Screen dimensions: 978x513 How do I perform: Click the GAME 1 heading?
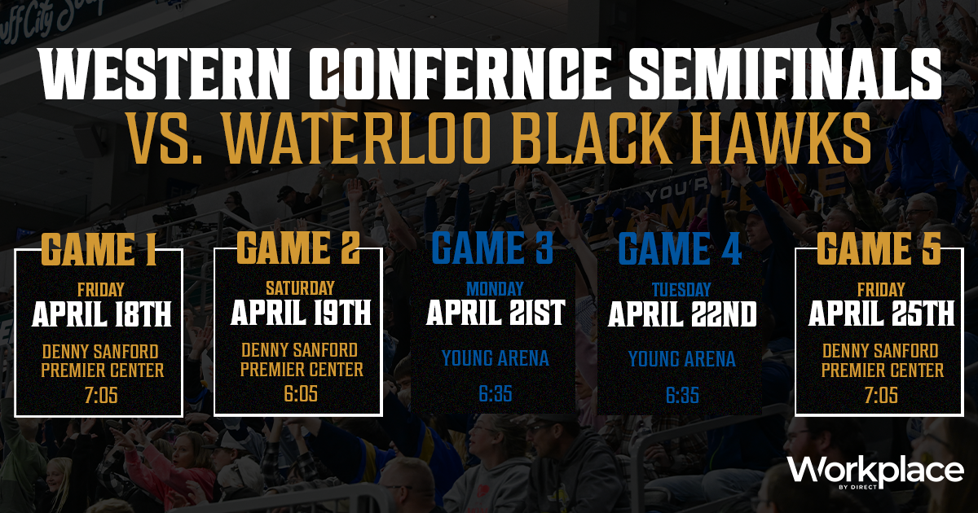tap(99, 249)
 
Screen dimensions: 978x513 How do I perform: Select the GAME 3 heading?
tap(493, 248)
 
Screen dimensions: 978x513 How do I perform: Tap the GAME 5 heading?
tap(879, 248)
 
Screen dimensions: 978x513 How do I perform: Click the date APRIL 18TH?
tap(101, 314)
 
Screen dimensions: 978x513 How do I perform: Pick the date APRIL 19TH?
tap(301, 313)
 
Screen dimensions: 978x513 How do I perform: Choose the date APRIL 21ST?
tap(496, 313)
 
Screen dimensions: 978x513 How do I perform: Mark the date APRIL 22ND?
tap(682, 314)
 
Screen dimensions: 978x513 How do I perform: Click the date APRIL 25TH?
tap(881, 313)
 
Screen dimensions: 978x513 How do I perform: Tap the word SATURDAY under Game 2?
tap(301, 288)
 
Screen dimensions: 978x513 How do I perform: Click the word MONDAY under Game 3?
tap(495, 289)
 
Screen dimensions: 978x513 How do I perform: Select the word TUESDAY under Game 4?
tap(681, 290)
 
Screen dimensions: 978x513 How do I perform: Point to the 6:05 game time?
tap(301, 393)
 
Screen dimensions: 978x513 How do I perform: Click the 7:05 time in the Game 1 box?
tap(101, 395)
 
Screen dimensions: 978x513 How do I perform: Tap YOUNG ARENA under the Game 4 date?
tap(682, 359)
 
